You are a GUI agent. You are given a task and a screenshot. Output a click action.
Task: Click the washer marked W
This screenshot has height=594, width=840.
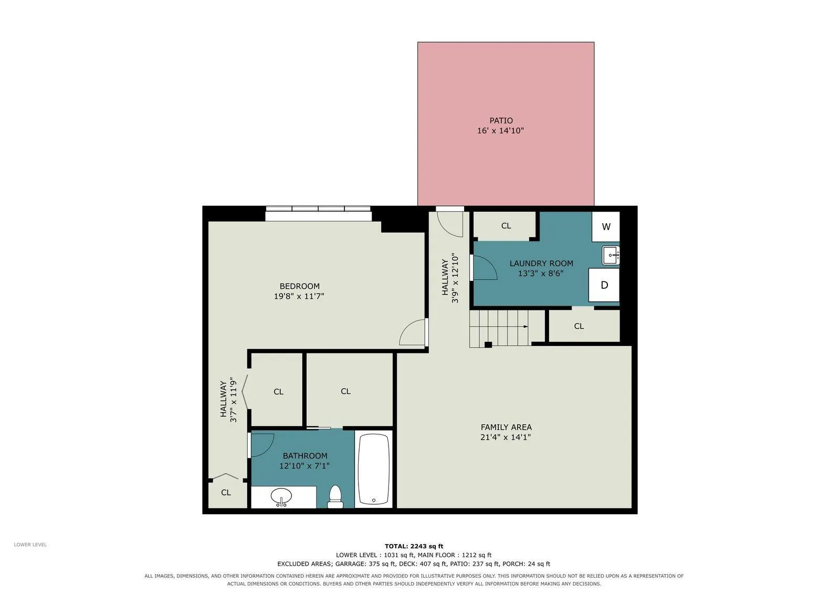(606, 227)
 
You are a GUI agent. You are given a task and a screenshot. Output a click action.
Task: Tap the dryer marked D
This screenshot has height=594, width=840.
(604, 285)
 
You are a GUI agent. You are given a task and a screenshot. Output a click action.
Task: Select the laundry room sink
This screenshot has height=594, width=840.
(611, 256)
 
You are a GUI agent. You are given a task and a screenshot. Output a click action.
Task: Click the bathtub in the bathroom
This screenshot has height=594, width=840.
(373, 469)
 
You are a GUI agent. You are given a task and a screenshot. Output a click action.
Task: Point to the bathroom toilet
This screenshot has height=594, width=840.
(335, 497)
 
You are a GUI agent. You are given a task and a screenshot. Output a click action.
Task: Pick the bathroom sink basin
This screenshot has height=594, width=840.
(281, 497)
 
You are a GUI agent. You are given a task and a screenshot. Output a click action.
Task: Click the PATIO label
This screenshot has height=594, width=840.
(501, 121)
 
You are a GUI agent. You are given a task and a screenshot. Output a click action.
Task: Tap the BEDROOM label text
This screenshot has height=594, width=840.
(300, 286)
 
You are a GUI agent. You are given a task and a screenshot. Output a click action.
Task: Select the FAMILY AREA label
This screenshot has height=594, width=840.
(506, 427)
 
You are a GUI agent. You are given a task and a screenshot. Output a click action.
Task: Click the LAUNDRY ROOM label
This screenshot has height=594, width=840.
(541, 264)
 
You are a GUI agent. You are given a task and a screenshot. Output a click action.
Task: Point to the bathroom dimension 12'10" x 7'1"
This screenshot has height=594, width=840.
(304, 466)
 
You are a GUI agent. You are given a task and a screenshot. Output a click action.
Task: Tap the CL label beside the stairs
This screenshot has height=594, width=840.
(579, 326)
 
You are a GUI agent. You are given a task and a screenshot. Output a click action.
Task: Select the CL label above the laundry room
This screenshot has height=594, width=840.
(506, 226)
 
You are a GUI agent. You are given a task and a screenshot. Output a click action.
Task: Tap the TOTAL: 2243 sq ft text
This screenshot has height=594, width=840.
(414, 546)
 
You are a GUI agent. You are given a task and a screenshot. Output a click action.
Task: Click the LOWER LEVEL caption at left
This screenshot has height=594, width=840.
(30, 545)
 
